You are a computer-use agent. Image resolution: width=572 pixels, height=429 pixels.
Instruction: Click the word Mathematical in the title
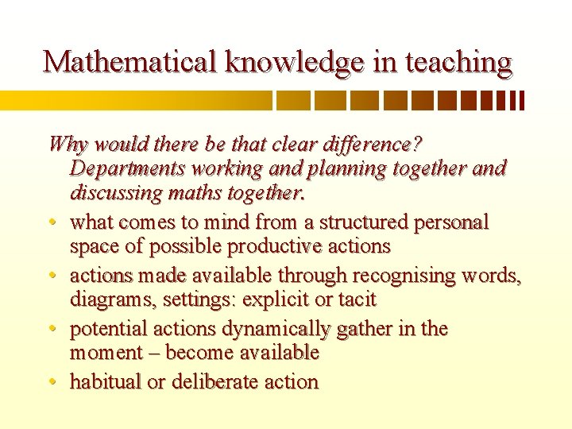click(130, 62)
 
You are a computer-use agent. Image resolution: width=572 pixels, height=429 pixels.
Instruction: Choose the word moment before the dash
click(104, 353)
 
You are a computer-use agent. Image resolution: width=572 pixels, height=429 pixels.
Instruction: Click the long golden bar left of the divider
click(135, 100)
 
